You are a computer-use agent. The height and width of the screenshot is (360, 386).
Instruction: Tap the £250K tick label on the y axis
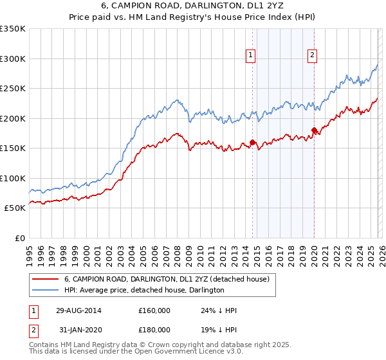pyautogui.click(x=12, y=88)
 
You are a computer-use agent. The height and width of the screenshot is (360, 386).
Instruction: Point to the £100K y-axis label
pyautogui.click(x=12, y=178)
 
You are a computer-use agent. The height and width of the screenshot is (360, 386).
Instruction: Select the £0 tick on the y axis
pyautogui.click(x=19, y=238)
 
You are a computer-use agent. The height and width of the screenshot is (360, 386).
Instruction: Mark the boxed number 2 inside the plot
pyautogui.click(x=312, y=56)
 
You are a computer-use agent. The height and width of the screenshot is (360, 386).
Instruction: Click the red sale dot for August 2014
pyautogui.click(x=252, y=142)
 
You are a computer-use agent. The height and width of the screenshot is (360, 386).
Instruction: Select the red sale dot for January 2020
pyautogui.click(x=314, y=130)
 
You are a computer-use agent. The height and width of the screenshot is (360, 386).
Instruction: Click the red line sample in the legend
pyautogui.click(x=45, y=279)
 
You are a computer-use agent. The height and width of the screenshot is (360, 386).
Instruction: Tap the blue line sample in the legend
pyautogui.click(x=45, y=290)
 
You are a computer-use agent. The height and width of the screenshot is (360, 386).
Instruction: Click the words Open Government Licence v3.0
pyautogui.click(x=194, y=353)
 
